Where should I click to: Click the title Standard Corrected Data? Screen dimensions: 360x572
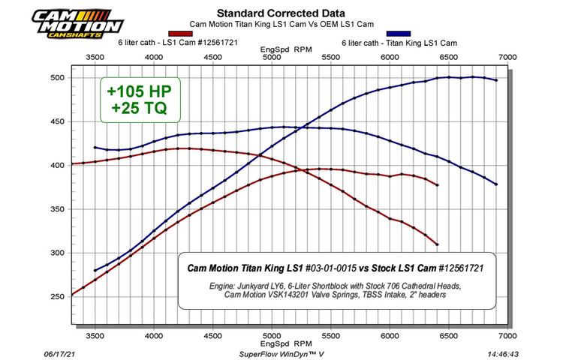point(270,13)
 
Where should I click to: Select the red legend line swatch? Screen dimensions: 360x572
point(182,34)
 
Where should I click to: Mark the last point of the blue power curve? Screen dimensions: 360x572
point(496,80)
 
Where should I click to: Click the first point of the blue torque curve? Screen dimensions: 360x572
point(95,148)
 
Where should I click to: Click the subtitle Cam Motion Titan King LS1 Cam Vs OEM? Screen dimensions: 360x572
point(270,23)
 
